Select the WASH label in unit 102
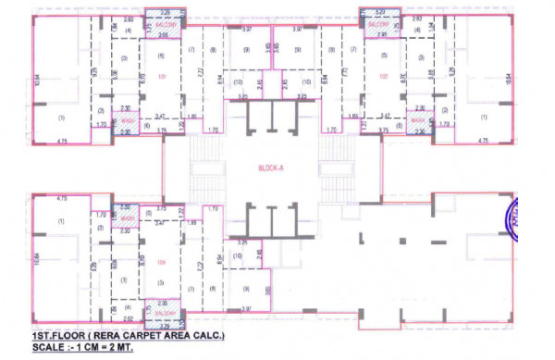click(x=418, y=121)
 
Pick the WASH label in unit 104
click(x=128, y=218)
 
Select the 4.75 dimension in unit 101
click(x=63, y=141)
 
